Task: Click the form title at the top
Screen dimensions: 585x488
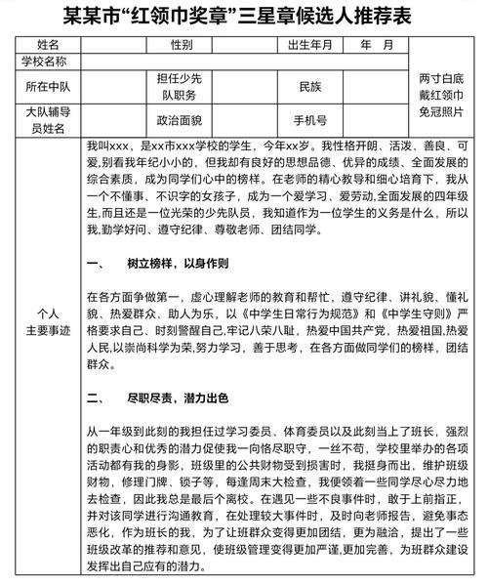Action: click(x=244, y=17)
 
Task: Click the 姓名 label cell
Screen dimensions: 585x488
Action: click(x=46, y=45)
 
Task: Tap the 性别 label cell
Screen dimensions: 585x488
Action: click(x=181, y=45)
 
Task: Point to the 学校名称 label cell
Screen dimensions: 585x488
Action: click(x=46, y=61)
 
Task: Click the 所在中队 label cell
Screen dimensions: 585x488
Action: click(x=46, y=86)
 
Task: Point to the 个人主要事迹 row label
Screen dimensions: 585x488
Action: click(x=46, y=321)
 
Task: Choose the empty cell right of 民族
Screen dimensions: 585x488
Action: click(x=375, y=86)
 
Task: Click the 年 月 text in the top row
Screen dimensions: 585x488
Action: click(x=376, y=45)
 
